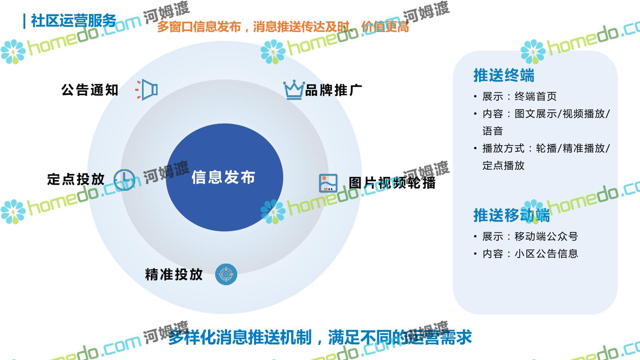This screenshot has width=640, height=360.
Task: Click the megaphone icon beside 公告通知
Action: pos(146,90)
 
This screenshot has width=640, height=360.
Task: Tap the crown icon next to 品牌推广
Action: pos(294,90)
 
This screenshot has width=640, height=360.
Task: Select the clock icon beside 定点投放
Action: pos(124,180)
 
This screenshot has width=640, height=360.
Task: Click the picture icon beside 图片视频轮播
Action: pos(328,183)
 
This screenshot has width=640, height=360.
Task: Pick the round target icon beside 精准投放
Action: pos(226,274)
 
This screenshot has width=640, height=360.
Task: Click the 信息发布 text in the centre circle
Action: pos(224,177)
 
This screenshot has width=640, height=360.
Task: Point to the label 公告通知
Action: pos(90,90)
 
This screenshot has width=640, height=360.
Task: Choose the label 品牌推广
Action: pos(334,90)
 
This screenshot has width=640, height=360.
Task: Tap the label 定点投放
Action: pos(76,180)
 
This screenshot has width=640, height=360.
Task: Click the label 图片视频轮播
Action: pos(392,183)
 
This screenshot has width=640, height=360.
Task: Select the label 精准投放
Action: pos(174,274)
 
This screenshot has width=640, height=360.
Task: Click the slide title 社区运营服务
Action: pos(74,21)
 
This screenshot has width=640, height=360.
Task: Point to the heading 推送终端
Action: pos(504,76)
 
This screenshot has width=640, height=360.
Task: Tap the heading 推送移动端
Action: pos(512,216)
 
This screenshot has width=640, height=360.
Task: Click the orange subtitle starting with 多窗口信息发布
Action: pos(283,27)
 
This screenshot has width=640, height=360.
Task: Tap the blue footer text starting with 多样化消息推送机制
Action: pos(320,338)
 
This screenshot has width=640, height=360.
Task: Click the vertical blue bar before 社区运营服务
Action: pos(24,22)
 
